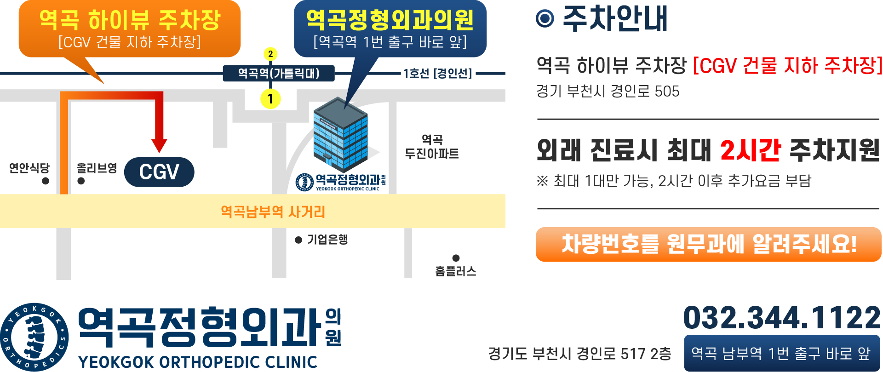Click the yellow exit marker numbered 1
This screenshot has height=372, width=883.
click(270, 98)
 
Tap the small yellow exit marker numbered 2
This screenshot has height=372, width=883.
click(270, 54)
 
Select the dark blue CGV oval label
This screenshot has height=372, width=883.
click(159, 172)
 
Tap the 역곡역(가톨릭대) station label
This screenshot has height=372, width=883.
click(278, 73)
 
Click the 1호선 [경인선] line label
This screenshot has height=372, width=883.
click(437, 74)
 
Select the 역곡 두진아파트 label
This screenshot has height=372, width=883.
click(432, 147)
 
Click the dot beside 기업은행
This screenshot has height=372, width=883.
click(298, 240)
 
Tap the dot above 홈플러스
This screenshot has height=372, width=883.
click(456, 258)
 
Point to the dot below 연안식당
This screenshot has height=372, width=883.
click(45, 181)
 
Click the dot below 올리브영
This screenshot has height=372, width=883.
click(81, 181)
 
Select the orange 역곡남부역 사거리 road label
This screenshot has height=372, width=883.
click(273, 212)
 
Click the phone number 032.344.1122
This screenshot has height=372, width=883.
click(781, 318)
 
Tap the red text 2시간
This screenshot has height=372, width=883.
click(750, 150)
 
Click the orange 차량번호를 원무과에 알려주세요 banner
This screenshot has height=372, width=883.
click(708, 244)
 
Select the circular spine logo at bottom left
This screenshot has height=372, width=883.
click(34, 337)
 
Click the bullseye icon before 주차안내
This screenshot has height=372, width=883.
click(545, 19)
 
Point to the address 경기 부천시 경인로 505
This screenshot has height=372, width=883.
click(608, 91)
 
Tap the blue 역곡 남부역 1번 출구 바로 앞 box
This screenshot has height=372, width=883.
click(781, 353)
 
